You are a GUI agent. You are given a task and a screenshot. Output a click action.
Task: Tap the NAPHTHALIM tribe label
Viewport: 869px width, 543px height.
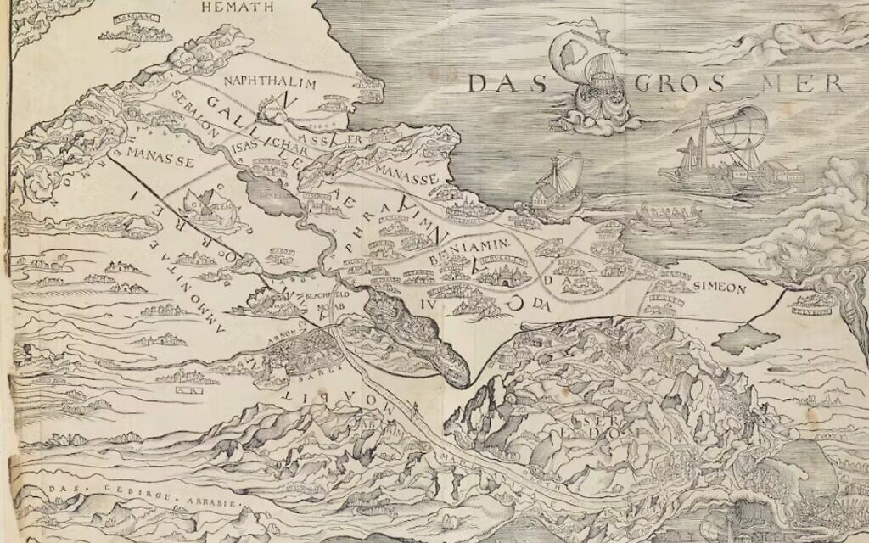270,83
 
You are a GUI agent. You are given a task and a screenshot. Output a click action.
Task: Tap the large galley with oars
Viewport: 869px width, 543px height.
726,157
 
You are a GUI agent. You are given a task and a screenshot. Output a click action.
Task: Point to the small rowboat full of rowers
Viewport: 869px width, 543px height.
670,215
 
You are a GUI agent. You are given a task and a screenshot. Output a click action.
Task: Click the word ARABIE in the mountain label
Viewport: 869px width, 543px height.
216,501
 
